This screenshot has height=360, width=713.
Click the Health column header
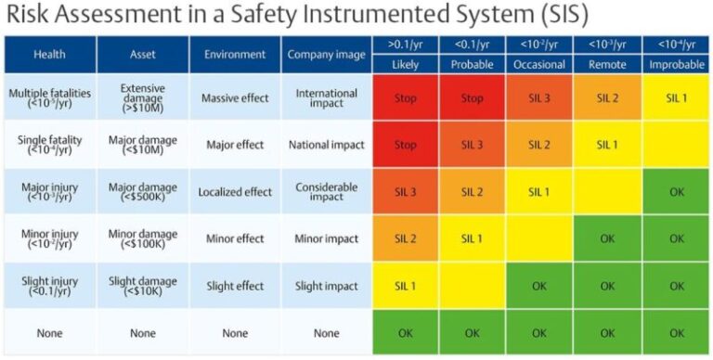[x=50, y=55]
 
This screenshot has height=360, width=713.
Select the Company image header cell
[x=327, y=55]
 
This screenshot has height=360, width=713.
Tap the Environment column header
[x=235, y=55]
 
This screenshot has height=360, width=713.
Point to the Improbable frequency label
[x=677, y=65]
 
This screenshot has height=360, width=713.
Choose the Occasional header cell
[x=539, y=65]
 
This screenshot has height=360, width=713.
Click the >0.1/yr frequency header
[x=405, y=45]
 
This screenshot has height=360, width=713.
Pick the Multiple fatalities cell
[x=50, y=96]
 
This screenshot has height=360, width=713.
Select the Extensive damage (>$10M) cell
[x=143, y=96]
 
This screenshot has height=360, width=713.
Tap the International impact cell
[x=327, y=96]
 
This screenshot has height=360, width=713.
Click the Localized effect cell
[x=235, y=191]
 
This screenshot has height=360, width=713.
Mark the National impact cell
[x=327, y=145]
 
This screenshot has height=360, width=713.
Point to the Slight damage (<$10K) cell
[x=143, y=286]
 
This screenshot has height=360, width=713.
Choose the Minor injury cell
[x=50, y=238]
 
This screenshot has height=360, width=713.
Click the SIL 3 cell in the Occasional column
[x=539, y=97]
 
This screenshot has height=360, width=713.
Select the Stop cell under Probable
[x=472, y=97]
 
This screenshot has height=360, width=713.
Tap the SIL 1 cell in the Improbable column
[x=677, y=97]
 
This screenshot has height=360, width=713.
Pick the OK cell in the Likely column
[x=405, y=332]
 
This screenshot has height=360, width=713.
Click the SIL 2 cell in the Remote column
[x=607, y=97]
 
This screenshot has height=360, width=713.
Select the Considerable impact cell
[x=327, y=191]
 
